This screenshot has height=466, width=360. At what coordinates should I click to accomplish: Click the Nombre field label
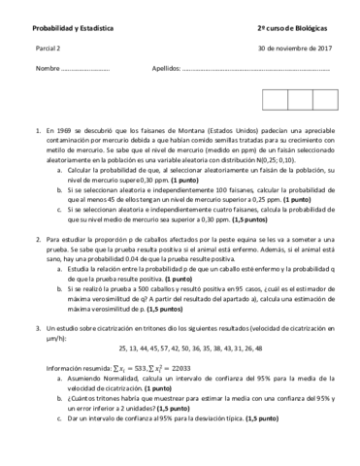[48, 69]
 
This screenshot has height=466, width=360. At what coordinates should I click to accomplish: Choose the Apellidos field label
[166, 69]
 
